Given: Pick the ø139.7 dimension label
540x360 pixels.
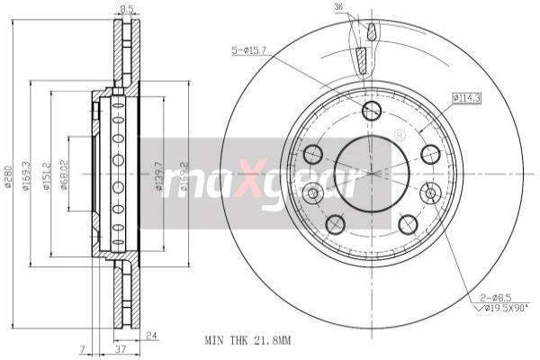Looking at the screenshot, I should click(160, 175).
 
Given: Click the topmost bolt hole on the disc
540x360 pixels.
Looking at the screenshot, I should click(371, 111).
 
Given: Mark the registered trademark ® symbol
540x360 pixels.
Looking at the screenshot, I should click(399, 135).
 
